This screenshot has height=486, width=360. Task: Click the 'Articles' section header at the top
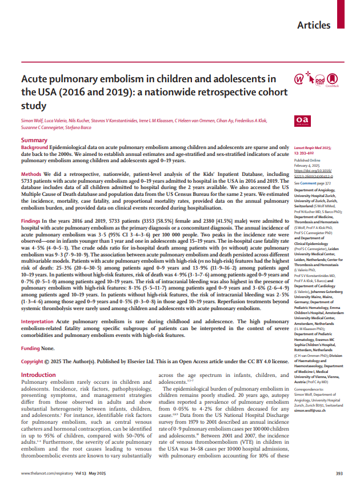point(314,25)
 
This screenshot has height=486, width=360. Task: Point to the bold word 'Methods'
point(31,173)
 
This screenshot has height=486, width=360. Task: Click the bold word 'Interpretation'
point(38,306)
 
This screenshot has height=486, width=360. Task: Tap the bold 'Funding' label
point(31,332)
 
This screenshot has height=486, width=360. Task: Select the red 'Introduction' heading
point(38,359)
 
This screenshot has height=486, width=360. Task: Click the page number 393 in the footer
point(339,473)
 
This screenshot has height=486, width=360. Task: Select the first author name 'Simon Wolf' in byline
point(33,122)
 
